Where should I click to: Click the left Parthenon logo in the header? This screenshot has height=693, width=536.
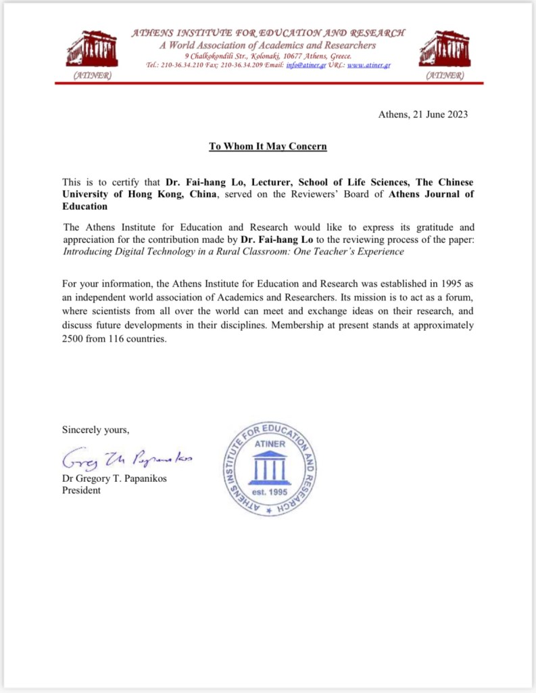(x=92, y=49)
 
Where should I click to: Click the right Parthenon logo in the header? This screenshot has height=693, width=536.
(x=444, y=49)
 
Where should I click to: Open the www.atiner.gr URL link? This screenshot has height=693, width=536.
(x=368, y=65)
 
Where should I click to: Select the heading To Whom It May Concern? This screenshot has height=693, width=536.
(x=267, y=146)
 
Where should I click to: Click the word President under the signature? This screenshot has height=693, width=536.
(x=81, y=490)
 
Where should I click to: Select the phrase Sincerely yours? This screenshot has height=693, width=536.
(x=95, y=430)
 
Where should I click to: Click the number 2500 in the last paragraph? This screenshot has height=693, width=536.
(x=74, y=339)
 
